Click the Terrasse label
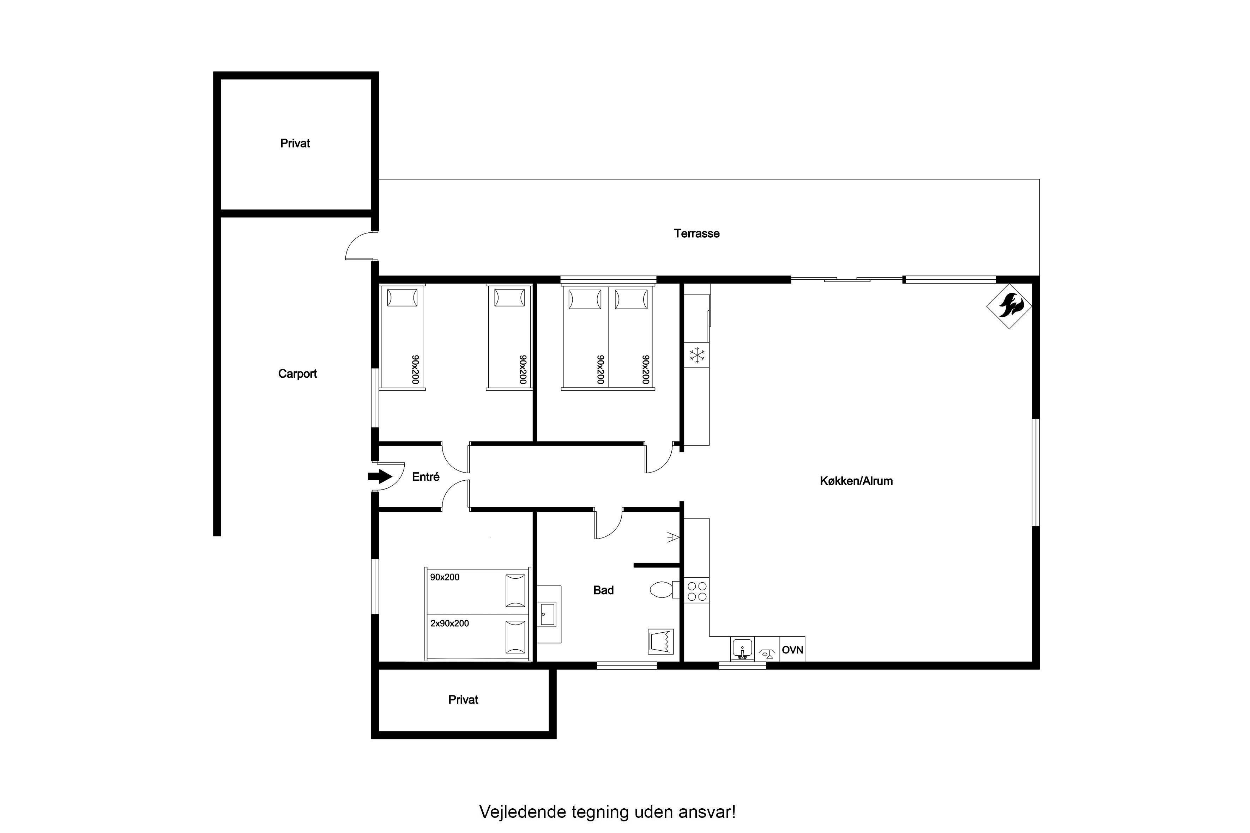(x=697, y=233)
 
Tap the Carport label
(x=298, y=373)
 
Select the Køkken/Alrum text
(x=856, y=481)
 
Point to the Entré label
(x=426, y=476)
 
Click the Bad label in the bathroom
(x=603, y=590)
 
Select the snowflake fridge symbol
(x=697, y=355)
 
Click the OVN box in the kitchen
(x=792, y=649)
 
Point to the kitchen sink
(x=742, y=649)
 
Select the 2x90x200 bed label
(x=449, y=623)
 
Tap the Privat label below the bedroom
(x=464, y=700)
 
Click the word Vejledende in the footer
(x=523, y=812)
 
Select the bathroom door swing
(x=609, y=524)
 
